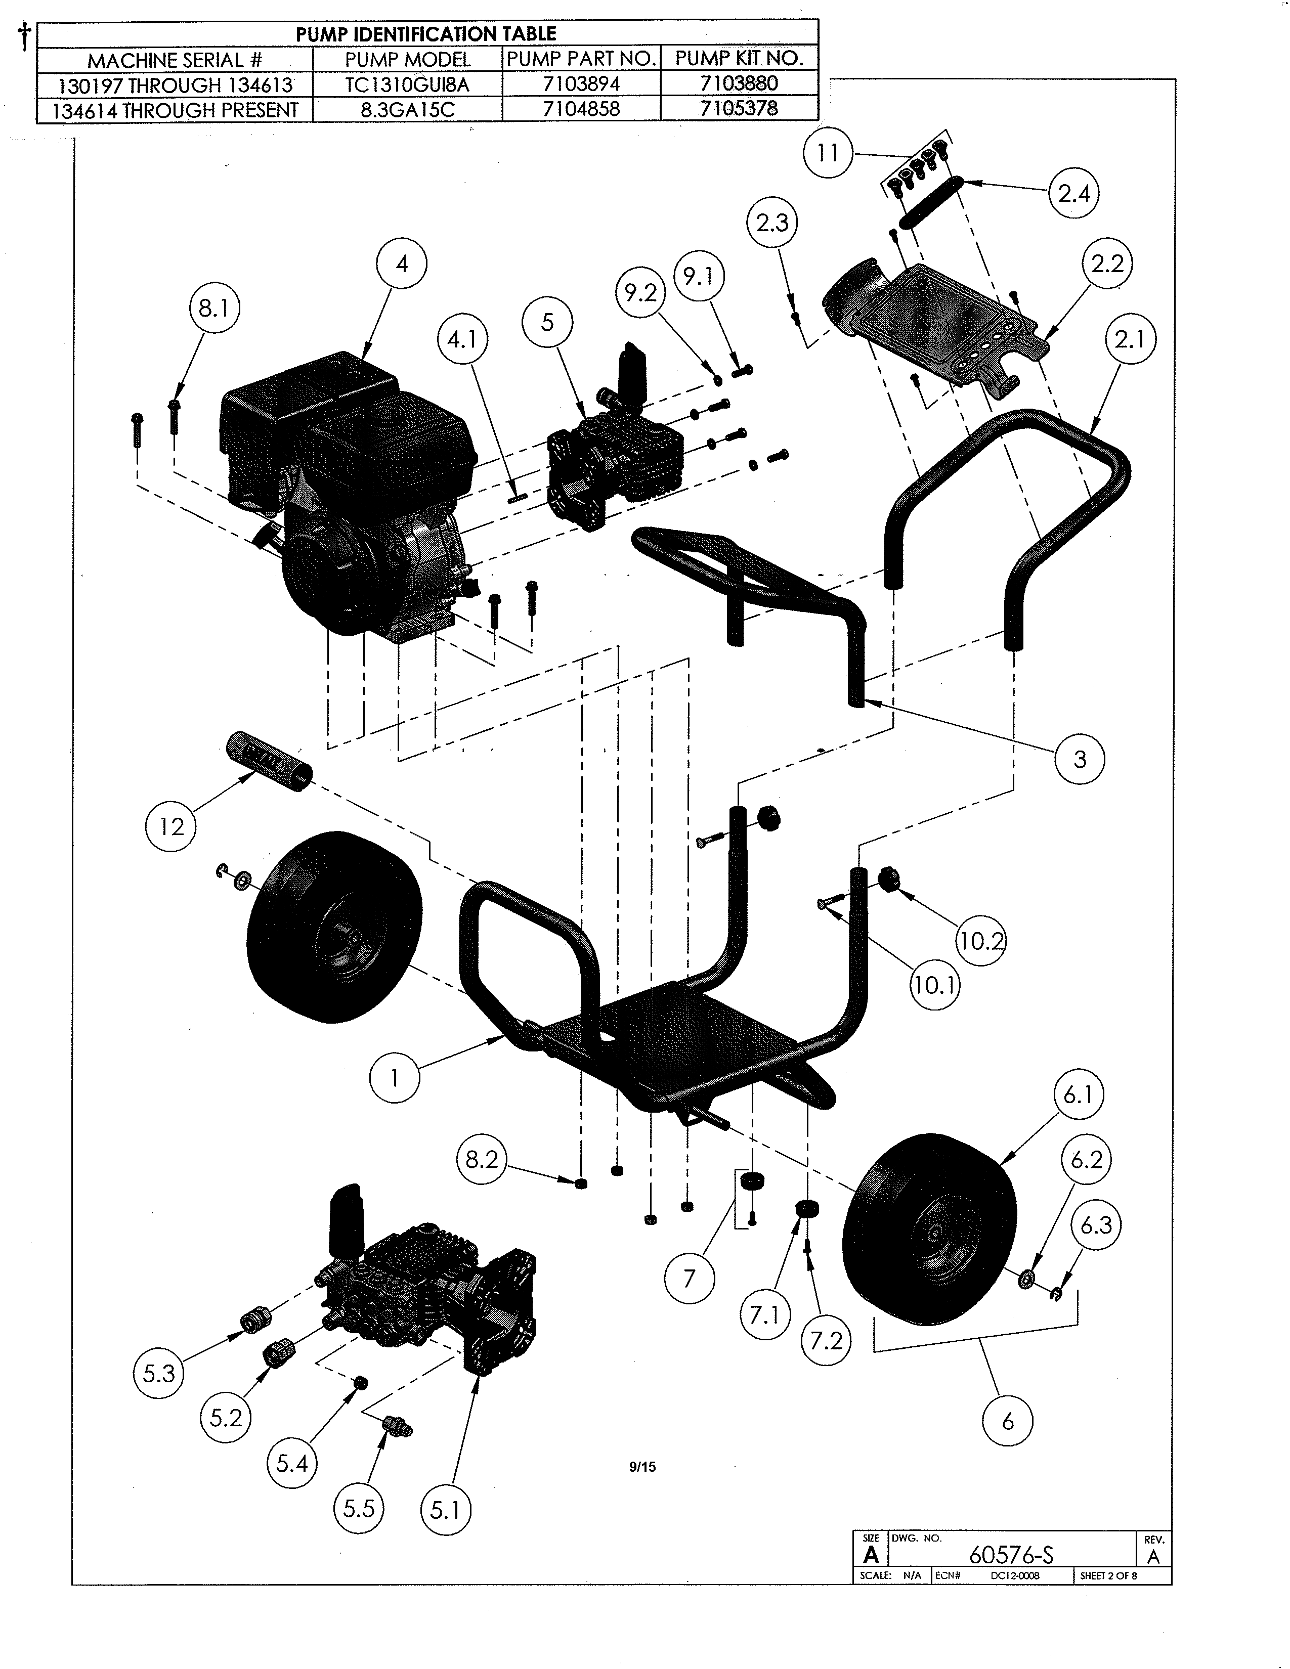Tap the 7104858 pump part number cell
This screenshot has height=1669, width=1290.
tap(581, 109)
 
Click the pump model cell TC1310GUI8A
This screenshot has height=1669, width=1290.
tap(407, 84)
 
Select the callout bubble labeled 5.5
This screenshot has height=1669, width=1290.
tap(359, 1509)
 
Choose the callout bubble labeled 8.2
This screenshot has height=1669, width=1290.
tap(482, 1160)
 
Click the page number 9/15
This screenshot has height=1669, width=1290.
tap(642, 1467)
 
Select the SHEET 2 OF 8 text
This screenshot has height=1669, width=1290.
tap(1108, 1576)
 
